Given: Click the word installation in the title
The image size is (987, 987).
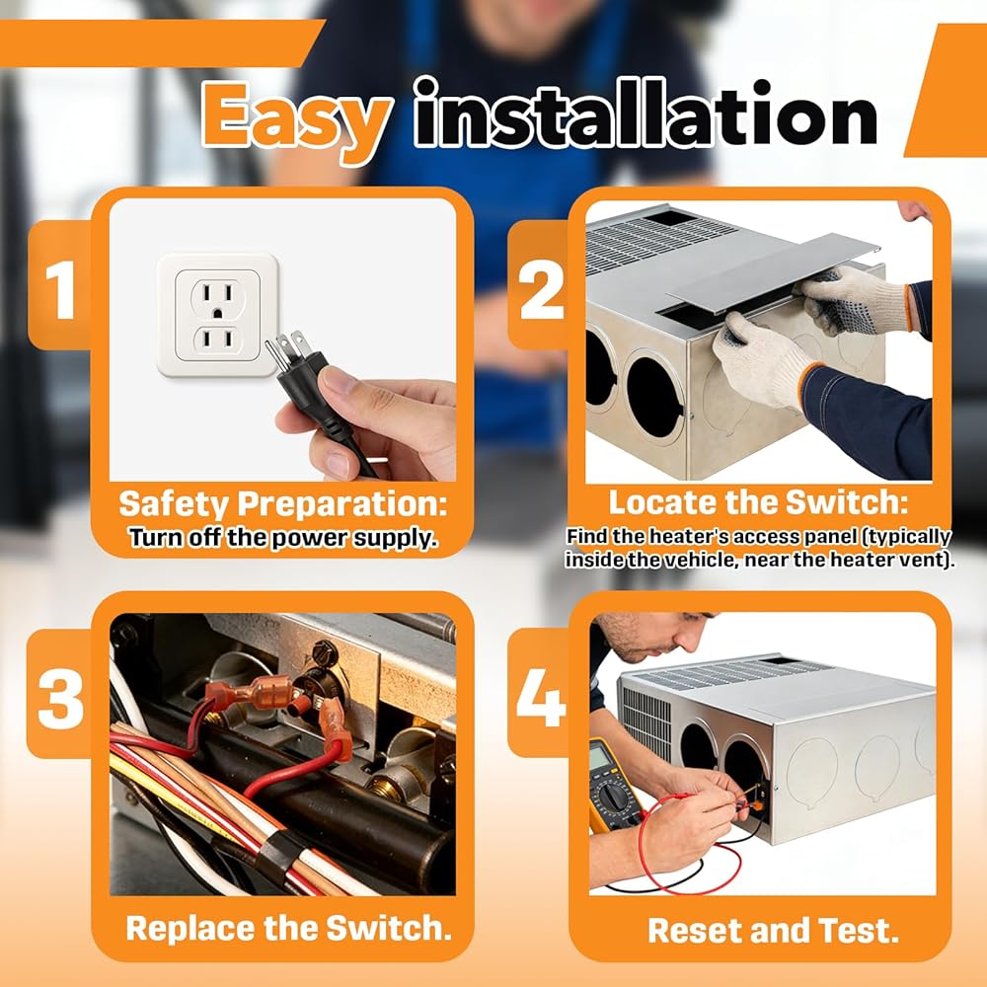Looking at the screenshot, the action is [645, 114].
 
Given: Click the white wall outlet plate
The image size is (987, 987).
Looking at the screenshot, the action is [218, 316].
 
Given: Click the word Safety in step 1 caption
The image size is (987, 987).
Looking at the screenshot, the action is [173, 505].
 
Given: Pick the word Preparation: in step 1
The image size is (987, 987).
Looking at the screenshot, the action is [342, 504].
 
